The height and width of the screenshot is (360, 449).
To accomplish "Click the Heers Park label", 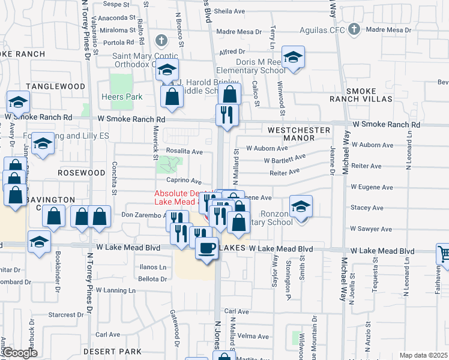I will coord(125,97).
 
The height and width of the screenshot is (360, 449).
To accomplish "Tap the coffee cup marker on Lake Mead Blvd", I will coord(207,248).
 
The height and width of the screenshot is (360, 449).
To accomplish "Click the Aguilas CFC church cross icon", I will coord(354,29).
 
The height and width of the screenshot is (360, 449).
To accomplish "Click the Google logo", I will coord(19,353).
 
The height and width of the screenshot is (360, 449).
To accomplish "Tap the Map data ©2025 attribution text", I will coord(423,355).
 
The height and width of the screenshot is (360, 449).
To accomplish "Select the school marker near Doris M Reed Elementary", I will coord(294,58).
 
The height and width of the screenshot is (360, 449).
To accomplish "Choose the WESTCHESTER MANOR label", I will coord(299,134).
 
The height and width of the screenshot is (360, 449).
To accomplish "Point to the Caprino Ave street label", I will coord(183,181).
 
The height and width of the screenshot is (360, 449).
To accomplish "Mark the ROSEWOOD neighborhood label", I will coord(82,173).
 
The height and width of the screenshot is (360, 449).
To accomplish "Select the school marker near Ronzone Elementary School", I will coord(301,206).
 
